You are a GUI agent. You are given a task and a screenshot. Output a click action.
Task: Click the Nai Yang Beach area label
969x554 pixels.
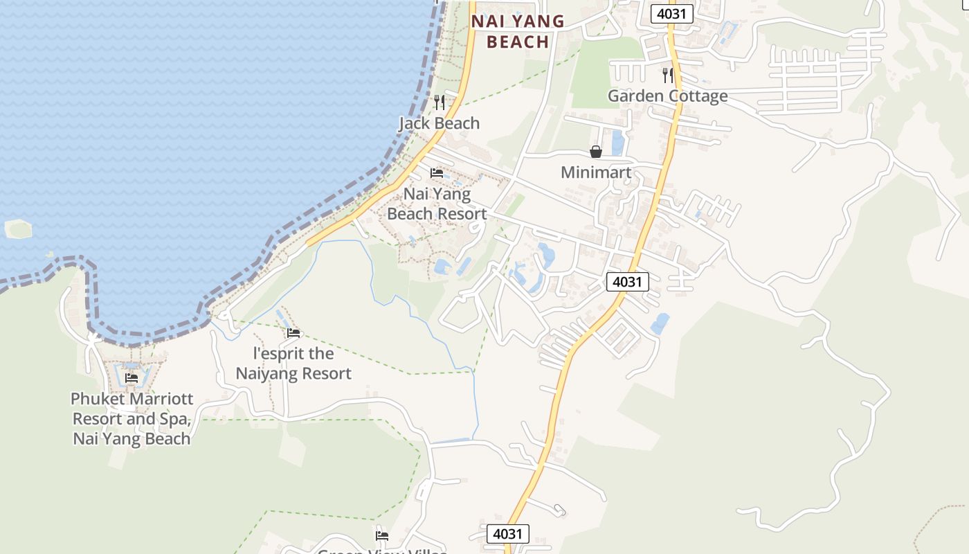pos(518,32)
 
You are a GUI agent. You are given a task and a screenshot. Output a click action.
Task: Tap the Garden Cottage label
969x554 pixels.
pos(667,96)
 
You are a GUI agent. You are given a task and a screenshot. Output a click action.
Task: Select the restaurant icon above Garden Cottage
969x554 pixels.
pos(668,75)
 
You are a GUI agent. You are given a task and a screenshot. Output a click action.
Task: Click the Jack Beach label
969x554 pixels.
pos(439,123)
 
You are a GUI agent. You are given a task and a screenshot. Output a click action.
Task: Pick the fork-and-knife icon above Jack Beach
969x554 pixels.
pos(439,102)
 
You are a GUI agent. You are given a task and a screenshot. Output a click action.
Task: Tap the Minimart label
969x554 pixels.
pos(596,172)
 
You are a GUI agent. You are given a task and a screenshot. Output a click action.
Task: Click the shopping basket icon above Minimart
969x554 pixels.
pos(596,152)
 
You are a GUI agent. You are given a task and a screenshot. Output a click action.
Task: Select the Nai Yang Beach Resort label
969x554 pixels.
pos(437,204)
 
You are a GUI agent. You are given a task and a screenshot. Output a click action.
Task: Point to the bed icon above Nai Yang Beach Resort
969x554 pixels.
pos(437,172)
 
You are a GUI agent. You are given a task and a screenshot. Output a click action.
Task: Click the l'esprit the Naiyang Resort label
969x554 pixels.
pos(293,364)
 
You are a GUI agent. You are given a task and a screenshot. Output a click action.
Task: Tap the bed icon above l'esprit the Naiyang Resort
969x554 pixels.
pos(293,333)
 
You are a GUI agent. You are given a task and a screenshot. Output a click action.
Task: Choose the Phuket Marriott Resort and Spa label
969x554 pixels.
pos(132,418)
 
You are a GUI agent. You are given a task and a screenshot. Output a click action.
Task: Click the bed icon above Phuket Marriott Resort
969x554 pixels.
pos(132,378)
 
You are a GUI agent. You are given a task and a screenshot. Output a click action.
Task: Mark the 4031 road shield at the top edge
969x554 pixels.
pos(671,13)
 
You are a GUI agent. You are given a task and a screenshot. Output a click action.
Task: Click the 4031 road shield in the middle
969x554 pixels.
pos(628,282)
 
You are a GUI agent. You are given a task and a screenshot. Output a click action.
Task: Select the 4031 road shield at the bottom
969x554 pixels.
pos(507,534)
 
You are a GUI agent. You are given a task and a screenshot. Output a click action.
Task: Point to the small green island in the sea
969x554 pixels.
pos(18,229)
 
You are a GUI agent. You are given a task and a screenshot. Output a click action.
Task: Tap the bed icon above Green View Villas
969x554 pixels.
pos(381,535)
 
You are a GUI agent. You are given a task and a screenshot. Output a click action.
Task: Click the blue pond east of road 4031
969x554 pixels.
pos(660,323)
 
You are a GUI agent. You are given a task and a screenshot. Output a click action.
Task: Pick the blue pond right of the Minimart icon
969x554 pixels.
pos(617,143)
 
